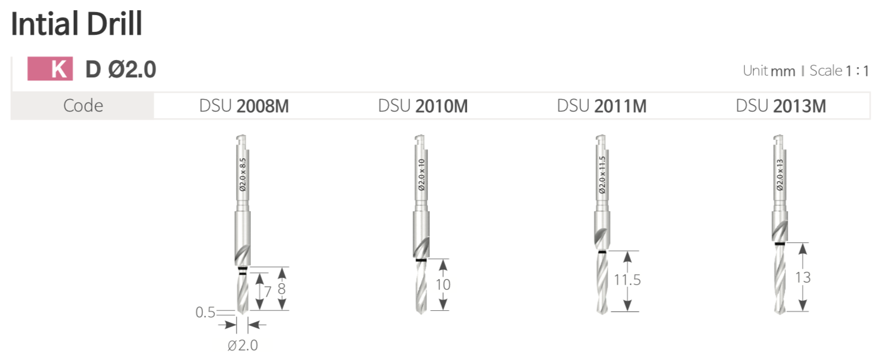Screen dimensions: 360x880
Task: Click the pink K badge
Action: (50, 70)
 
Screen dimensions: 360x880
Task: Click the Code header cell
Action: (83, 106)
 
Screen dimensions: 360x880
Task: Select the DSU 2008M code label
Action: (244, 106)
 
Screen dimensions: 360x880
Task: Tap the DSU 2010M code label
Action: (423, 106)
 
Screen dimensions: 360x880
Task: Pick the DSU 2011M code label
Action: (601, 106)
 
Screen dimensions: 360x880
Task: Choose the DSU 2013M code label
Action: (781, 106)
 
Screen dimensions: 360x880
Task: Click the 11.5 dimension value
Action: (627, 280)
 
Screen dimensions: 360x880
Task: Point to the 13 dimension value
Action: (803, 277)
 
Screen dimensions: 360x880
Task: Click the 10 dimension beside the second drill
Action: (443, 284)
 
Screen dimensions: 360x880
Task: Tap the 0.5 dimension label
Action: (205, 313)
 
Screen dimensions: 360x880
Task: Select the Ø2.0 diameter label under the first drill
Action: (243, 345)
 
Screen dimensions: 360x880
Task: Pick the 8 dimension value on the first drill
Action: (282, 289)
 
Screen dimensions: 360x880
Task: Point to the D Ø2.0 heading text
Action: (121, 70)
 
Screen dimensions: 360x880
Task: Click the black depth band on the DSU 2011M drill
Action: (602, 252)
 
